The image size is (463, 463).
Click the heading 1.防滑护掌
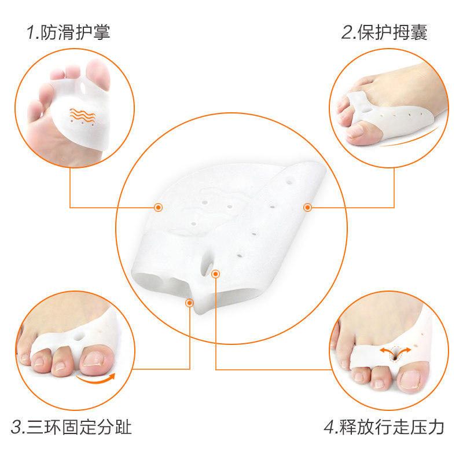[68, 32]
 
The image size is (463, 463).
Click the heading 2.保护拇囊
[384, 32]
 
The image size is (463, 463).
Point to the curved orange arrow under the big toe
[95, 380]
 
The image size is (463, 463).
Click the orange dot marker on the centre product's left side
[158, 208]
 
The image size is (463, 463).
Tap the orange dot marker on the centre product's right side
[307, 208]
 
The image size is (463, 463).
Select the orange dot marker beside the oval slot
[215, 274]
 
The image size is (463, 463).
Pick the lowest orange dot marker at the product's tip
[189, 303]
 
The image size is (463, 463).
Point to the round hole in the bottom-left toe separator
[79, 336]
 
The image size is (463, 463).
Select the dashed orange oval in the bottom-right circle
[395, 354]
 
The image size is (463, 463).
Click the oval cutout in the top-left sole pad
[83, 88]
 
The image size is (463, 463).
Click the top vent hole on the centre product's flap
[289, 181]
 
